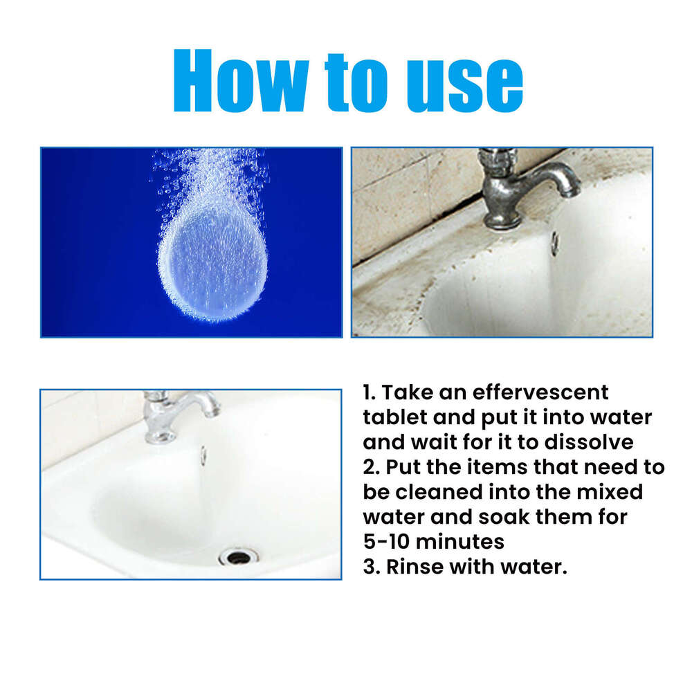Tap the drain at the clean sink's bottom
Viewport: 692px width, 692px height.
point(239,556)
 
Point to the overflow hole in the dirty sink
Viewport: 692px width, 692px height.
point(554,242)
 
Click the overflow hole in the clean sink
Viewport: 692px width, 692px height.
point(203,455)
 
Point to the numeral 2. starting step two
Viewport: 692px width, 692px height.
point(371,467)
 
